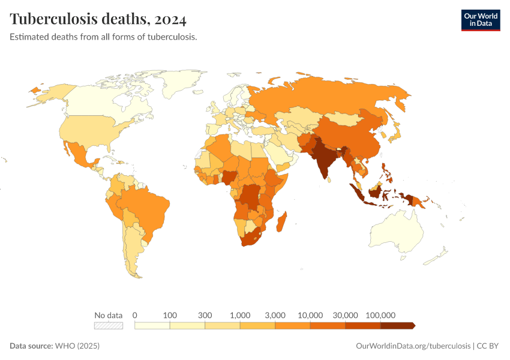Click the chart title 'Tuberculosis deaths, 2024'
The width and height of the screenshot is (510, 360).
pos(98,19)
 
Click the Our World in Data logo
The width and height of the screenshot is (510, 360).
pos(480,20)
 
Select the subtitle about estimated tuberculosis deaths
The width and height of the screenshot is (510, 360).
pos(104,37)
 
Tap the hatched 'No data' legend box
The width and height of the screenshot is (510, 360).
pos(108,326)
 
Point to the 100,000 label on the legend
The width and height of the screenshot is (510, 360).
pos(380,315)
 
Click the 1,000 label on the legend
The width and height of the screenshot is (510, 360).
pos(240,315)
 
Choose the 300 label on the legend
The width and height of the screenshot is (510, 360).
pos(205,315)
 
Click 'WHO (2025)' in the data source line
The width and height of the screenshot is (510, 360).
pos(77,346)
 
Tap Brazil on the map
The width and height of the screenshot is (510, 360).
pos(147,207)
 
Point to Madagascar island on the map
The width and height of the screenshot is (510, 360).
pos(282,220)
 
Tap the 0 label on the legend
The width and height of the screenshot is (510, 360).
pos(135,315)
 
